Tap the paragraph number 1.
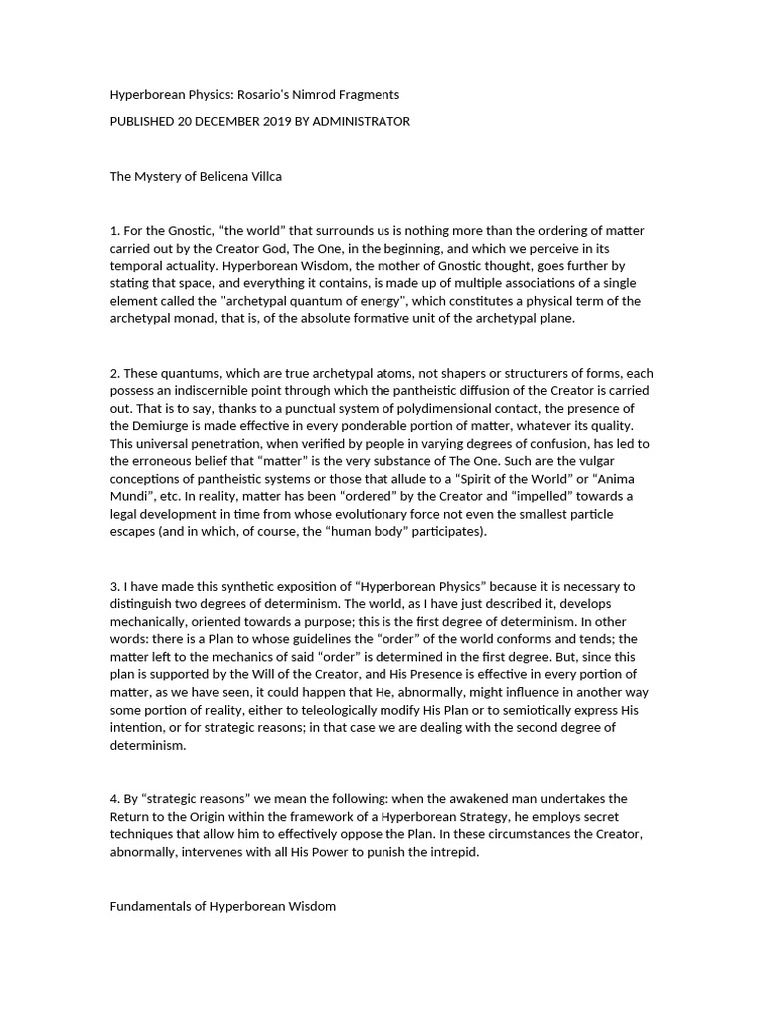tap(113, 231)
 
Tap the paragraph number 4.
tap(114, 799)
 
